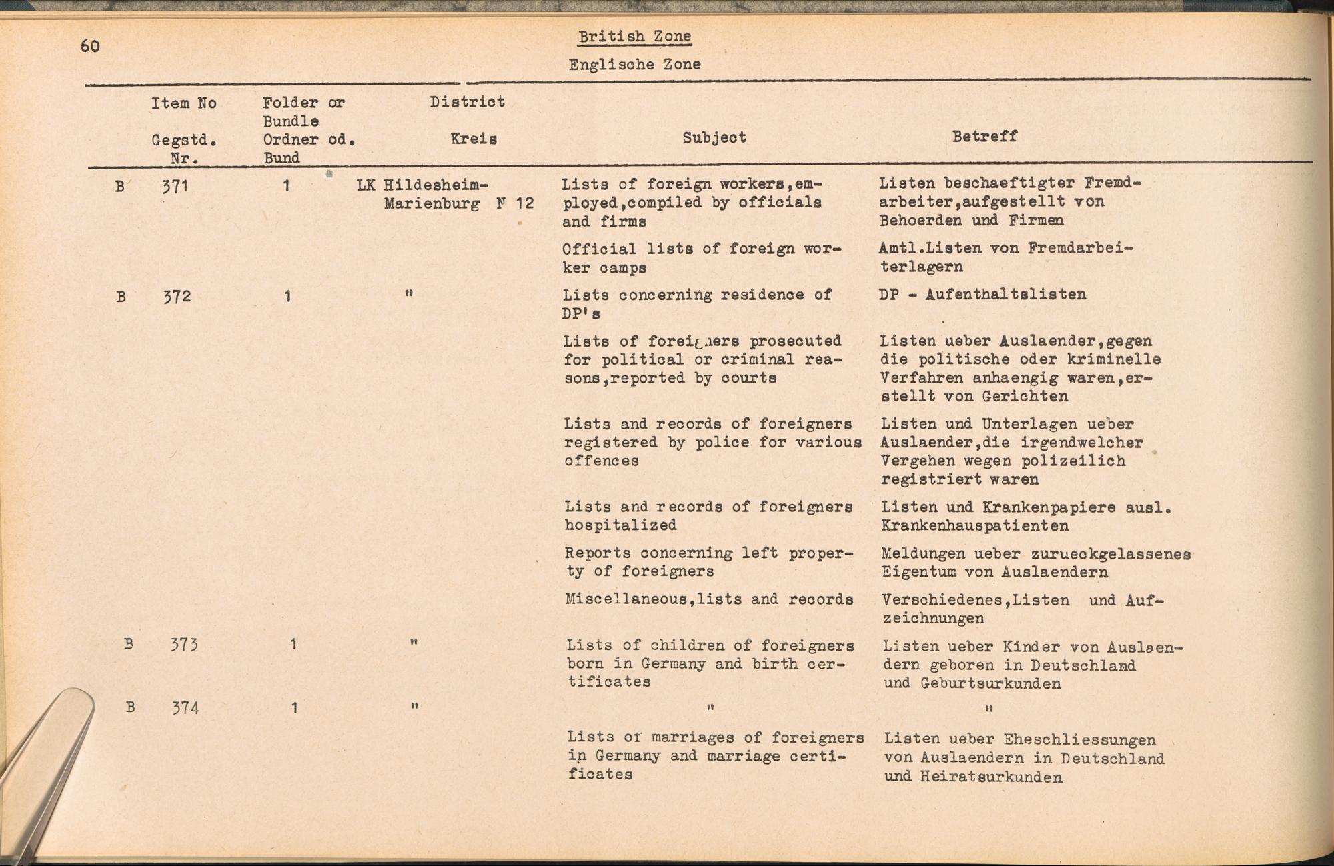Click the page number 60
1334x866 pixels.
90,46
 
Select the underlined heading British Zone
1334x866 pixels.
634,37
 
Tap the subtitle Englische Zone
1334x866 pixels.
634,65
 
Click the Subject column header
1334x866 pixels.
714,137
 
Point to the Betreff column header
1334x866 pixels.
984,136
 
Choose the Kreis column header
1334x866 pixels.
474,139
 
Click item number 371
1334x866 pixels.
175,186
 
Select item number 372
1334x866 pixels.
177,296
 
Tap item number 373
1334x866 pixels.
183,645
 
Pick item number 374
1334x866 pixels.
185,707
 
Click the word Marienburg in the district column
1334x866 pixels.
432,203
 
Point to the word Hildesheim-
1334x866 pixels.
436,185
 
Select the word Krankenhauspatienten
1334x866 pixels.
974,525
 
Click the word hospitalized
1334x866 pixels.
620,525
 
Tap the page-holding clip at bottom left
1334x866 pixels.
47,760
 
